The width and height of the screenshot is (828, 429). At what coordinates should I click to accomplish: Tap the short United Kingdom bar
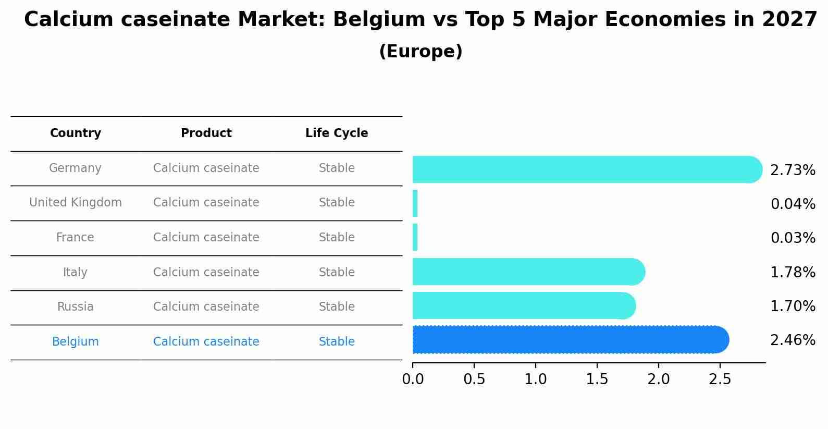tap(415, 203)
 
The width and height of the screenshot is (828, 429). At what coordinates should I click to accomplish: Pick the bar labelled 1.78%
tap(528, 272)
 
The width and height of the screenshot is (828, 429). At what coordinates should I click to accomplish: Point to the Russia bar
tap(523, 305)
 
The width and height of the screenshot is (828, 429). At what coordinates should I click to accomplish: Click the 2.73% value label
tap(792, 170)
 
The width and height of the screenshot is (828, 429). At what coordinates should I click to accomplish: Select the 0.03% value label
tap(793, 238)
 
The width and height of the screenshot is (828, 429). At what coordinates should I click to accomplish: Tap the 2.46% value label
tap(792, 340)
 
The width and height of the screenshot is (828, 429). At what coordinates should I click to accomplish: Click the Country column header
tap(76, 133)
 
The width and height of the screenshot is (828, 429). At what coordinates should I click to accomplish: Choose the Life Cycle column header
tap(337, 133)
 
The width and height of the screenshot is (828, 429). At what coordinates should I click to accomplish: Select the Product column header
tap(206, 133)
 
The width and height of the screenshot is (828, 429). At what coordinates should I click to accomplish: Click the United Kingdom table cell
tap(76, 203)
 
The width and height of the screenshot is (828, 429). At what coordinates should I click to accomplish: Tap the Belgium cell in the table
tap(76, 342)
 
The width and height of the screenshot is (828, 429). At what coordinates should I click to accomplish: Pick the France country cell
tap(76, 238)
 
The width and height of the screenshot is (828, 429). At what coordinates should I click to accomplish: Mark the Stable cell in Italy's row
tap(337, 273)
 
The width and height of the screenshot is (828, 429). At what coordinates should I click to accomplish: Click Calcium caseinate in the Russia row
tap(206, 307)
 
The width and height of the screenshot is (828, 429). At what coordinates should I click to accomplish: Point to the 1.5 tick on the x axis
tap(597, 379)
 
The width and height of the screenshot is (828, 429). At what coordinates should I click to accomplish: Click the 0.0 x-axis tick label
tap(413, 379)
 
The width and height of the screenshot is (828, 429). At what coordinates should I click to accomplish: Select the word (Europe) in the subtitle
tap(421, 52)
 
